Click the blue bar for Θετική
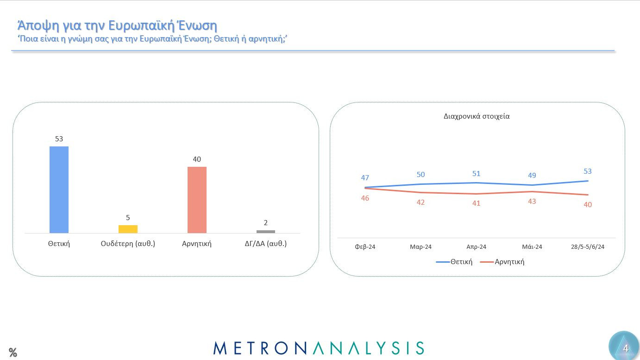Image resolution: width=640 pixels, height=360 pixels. pyautogui.click(x=59, y=189)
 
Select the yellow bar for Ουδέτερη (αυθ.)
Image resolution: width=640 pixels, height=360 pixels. pyautogui.click(x=128, y=229)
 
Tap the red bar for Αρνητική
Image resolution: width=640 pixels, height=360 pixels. pyautogui.click(x=197, y=200)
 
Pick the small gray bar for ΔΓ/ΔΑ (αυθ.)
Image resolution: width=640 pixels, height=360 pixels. pyautogui.click(x=266, y=232)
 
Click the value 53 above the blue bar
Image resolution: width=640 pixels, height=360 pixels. pyautogui.click(x=59, y=139)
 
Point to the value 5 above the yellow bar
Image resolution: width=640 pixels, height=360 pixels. pyautogui.click(x=128, y=218)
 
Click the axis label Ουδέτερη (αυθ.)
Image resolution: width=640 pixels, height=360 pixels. pyautogui.click(x=128, y=244)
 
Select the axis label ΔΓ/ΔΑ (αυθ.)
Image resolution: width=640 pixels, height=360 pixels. pyautogui.click(x=266, y=244)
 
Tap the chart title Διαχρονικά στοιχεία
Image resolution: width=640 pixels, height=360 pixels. pyautogui.click(x=477, y=116)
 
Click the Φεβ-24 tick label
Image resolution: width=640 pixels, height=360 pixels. pyautogui.click(x=365, y=247)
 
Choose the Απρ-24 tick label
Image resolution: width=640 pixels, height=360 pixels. pyautogui.click(x=476, y=247)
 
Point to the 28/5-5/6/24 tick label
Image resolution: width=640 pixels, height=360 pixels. pyautogui.click(x=588, y=247)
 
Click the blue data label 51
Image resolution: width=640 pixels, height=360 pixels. pyautogui.click(x=477, y=174)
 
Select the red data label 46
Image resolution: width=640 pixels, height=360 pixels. pyautogui.click(x=365, y=198)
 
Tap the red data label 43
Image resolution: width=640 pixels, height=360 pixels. pyautogui.click(x=532, y=202)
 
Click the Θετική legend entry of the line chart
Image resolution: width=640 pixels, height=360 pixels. pyautogui.click(x=455, y=262)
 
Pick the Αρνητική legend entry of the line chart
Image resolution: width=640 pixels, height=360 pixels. pyautogui.click(x=502, y=262)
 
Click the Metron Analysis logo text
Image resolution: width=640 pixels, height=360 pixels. pyautogui.click(x=319, y=348)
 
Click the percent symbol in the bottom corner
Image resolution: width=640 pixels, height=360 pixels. pyautogui.click(x=13, y=353)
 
